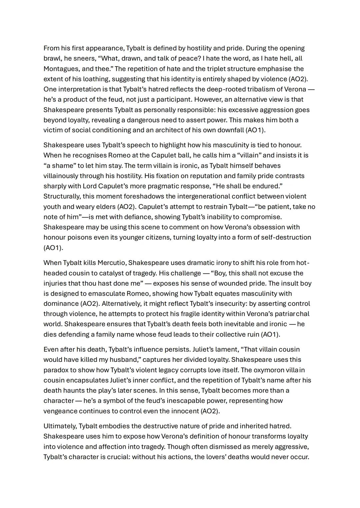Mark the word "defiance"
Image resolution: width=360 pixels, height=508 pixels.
142,217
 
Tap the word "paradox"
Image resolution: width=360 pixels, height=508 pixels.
56,370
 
